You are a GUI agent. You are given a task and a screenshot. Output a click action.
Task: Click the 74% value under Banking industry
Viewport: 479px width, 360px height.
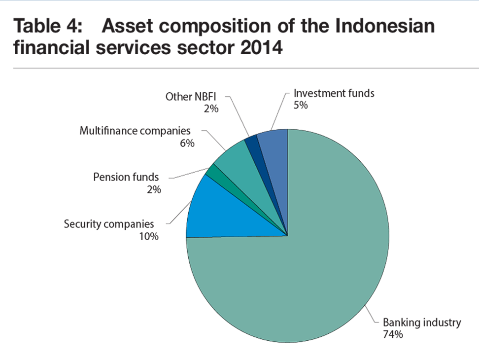coord(393,334)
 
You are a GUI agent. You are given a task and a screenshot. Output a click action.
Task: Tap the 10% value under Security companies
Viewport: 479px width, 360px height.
coord(149,237)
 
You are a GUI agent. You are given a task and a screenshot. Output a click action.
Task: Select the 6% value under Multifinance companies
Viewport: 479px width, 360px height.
coord(187,143)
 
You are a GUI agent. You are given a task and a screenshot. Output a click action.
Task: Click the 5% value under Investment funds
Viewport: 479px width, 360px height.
coord(301,105)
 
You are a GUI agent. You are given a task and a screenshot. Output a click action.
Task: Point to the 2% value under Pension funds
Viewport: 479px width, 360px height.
coord(154,190)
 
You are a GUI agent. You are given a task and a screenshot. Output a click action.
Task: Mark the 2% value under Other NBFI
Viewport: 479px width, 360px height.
coord(211,109)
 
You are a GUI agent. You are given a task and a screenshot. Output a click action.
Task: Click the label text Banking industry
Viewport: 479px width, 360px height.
coord(422,323)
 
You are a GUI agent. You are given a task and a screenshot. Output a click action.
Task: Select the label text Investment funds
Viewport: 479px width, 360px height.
coord(334,93)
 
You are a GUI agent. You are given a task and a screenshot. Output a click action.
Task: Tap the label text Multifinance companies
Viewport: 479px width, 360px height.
coord(135,131)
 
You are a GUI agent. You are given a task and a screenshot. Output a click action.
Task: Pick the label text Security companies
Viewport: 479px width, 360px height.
coord(109,224)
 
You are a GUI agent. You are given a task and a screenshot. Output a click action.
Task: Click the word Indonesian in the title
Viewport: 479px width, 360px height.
coord(385,26)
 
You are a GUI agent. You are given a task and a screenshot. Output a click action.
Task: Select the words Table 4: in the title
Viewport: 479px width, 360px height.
coord(48,26)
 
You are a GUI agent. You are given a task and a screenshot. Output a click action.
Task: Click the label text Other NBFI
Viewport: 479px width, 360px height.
coord(191,97)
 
